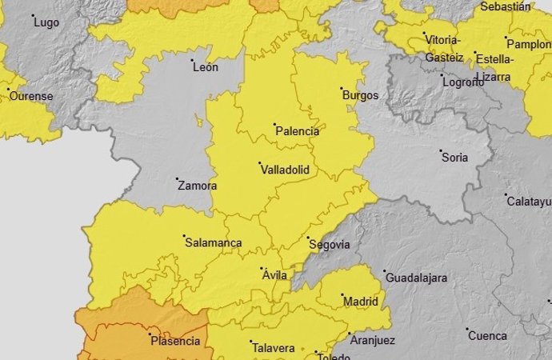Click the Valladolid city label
point(284,170)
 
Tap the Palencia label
point(297,131)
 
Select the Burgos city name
point(360,95)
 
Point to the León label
point(205,68)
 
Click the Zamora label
point(197,186)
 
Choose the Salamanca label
point(213,242)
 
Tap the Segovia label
point(329,244)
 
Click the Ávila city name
point(274,275)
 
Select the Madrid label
point(360,302)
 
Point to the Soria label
point(454,158)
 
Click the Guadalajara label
point(416,278)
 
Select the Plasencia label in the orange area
point(175,341)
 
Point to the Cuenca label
point(487,336)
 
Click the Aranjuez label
point(372,340)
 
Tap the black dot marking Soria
point(441,150)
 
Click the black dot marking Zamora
point(176,178)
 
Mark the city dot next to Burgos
point(342,89)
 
